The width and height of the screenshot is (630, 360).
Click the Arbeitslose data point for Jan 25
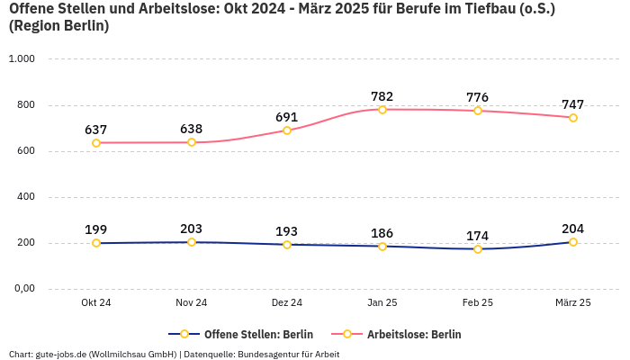pos(382,110)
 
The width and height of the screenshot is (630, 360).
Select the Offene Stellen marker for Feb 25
pos(478,249)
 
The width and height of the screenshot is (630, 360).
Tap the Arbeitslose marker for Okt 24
pos(96,143)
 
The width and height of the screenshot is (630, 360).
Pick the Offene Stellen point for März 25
pos(573,242)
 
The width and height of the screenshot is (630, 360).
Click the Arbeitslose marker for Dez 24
pos(287,130)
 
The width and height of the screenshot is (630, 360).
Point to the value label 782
pos(382,96)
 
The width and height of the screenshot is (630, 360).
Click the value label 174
pos(478,236)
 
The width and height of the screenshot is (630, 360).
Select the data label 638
pos(192,129)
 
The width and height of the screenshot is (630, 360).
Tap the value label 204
pos(573,229)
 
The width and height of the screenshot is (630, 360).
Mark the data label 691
pos(287,117)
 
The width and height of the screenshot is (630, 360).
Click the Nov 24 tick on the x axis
pos(192,303)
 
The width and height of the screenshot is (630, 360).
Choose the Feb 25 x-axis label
pos(478,303)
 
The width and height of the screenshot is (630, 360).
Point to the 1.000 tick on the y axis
pos(21,58)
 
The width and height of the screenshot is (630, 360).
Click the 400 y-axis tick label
pos(25,197)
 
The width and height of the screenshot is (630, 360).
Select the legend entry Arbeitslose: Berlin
pos(414,334)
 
